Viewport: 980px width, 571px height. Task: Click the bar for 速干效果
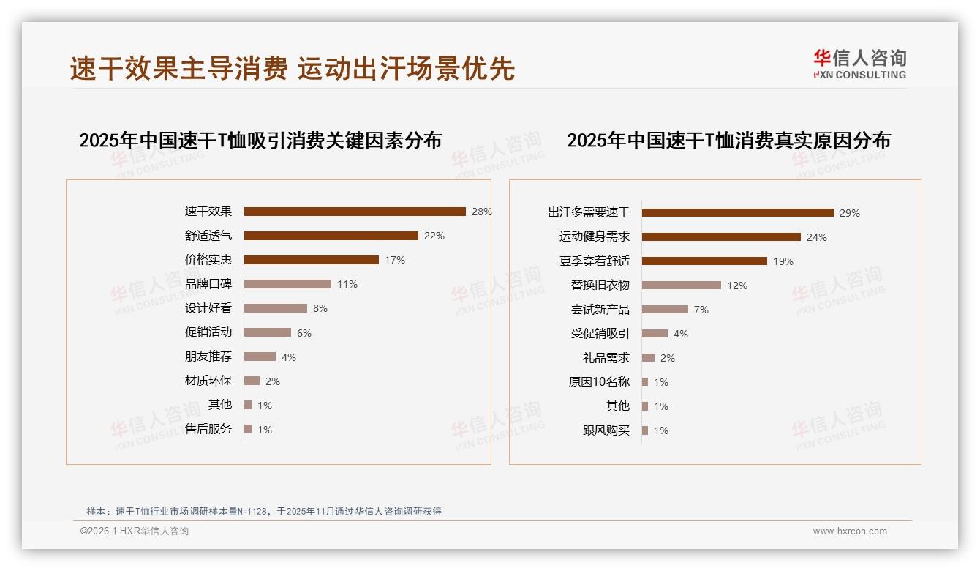355,212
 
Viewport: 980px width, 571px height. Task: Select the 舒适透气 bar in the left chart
331,236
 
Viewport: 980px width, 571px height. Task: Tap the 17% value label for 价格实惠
395,260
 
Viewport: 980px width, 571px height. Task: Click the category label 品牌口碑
208,284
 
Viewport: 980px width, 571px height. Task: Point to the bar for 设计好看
275,308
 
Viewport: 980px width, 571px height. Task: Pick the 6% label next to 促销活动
304,333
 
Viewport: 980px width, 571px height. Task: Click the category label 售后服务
208,429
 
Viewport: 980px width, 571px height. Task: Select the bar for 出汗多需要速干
737,213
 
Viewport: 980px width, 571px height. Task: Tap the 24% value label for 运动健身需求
817,237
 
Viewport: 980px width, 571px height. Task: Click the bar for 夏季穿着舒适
704,261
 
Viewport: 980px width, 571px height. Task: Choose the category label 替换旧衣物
600,285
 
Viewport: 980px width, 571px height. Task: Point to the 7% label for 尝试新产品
701,310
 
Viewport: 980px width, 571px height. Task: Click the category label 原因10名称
599,382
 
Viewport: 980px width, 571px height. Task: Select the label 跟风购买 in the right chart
606,430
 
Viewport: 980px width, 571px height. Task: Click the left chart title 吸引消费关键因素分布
260,140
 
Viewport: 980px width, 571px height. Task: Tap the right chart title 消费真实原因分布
728,140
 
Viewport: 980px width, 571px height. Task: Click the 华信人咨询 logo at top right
860,64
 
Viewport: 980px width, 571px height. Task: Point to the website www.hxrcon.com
850,531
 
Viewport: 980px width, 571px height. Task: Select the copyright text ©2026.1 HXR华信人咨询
135,531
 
